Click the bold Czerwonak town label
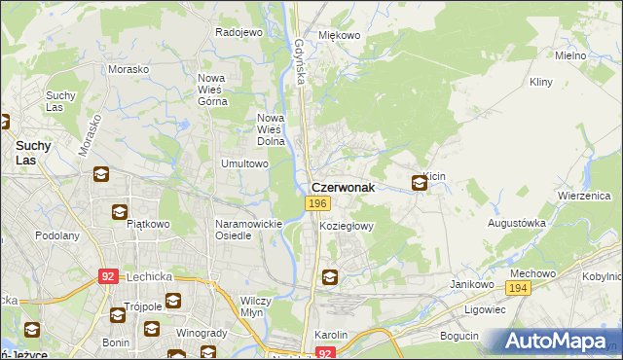coord(343,189)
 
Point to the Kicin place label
coord(434,175)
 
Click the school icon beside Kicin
coord(419,182)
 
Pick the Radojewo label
coord(239,32)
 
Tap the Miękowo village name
coord(341,36)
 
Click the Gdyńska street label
coord(300,60)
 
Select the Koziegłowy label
coord(347,225)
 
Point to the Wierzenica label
coord(583,195)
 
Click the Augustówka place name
coord(516,223)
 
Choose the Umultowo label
coord(244,164)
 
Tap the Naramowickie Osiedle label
coord(248,230)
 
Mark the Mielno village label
coord(570,56)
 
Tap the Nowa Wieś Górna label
coord(211,89)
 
